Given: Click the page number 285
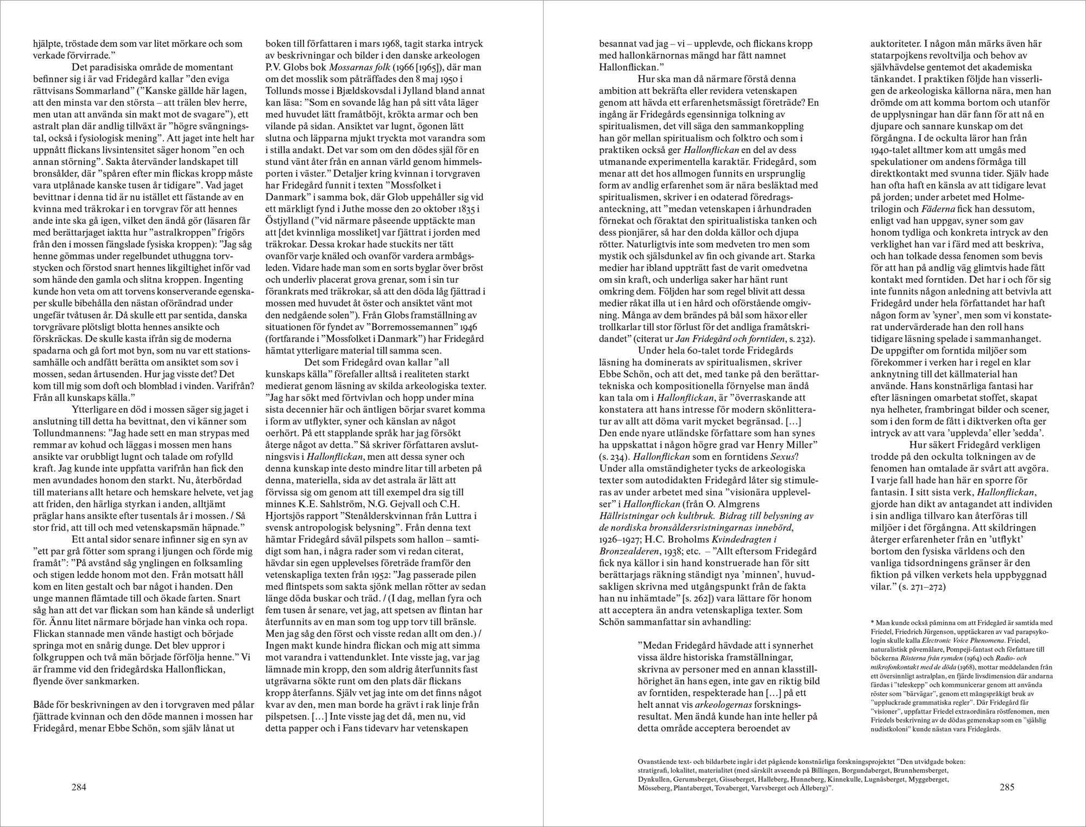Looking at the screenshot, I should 1007,787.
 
